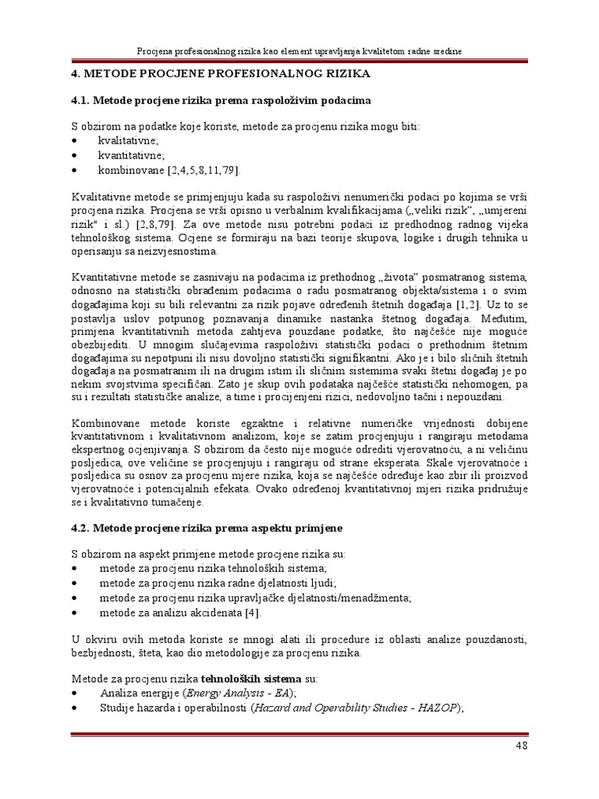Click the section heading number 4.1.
80,101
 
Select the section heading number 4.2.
80,528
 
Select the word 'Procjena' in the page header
157,50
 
